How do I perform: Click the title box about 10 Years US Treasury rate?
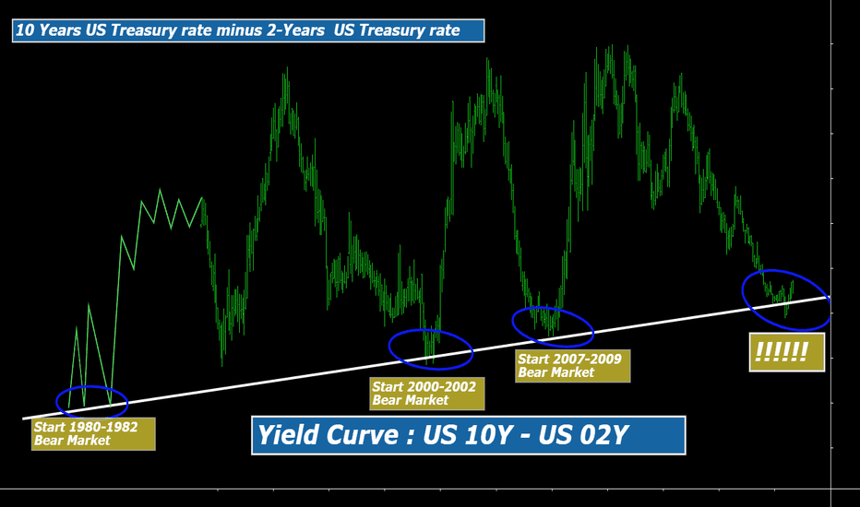pos(248,30)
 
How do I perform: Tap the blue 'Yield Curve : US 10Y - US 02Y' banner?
pos(469,435)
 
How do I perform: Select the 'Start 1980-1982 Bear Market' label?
pos(93,434)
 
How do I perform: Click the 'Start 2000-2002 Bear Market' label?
pos(426,394)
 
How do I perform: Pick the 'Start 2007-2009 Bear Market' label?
pos(573,366)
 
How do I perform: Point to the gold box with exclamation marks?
pos(787,352)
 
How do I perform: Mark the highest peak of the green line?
pos(612,46)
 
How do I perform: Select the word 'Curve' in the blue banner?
pos(363,435)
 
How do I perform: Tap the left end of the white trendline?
pos(22,419)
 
